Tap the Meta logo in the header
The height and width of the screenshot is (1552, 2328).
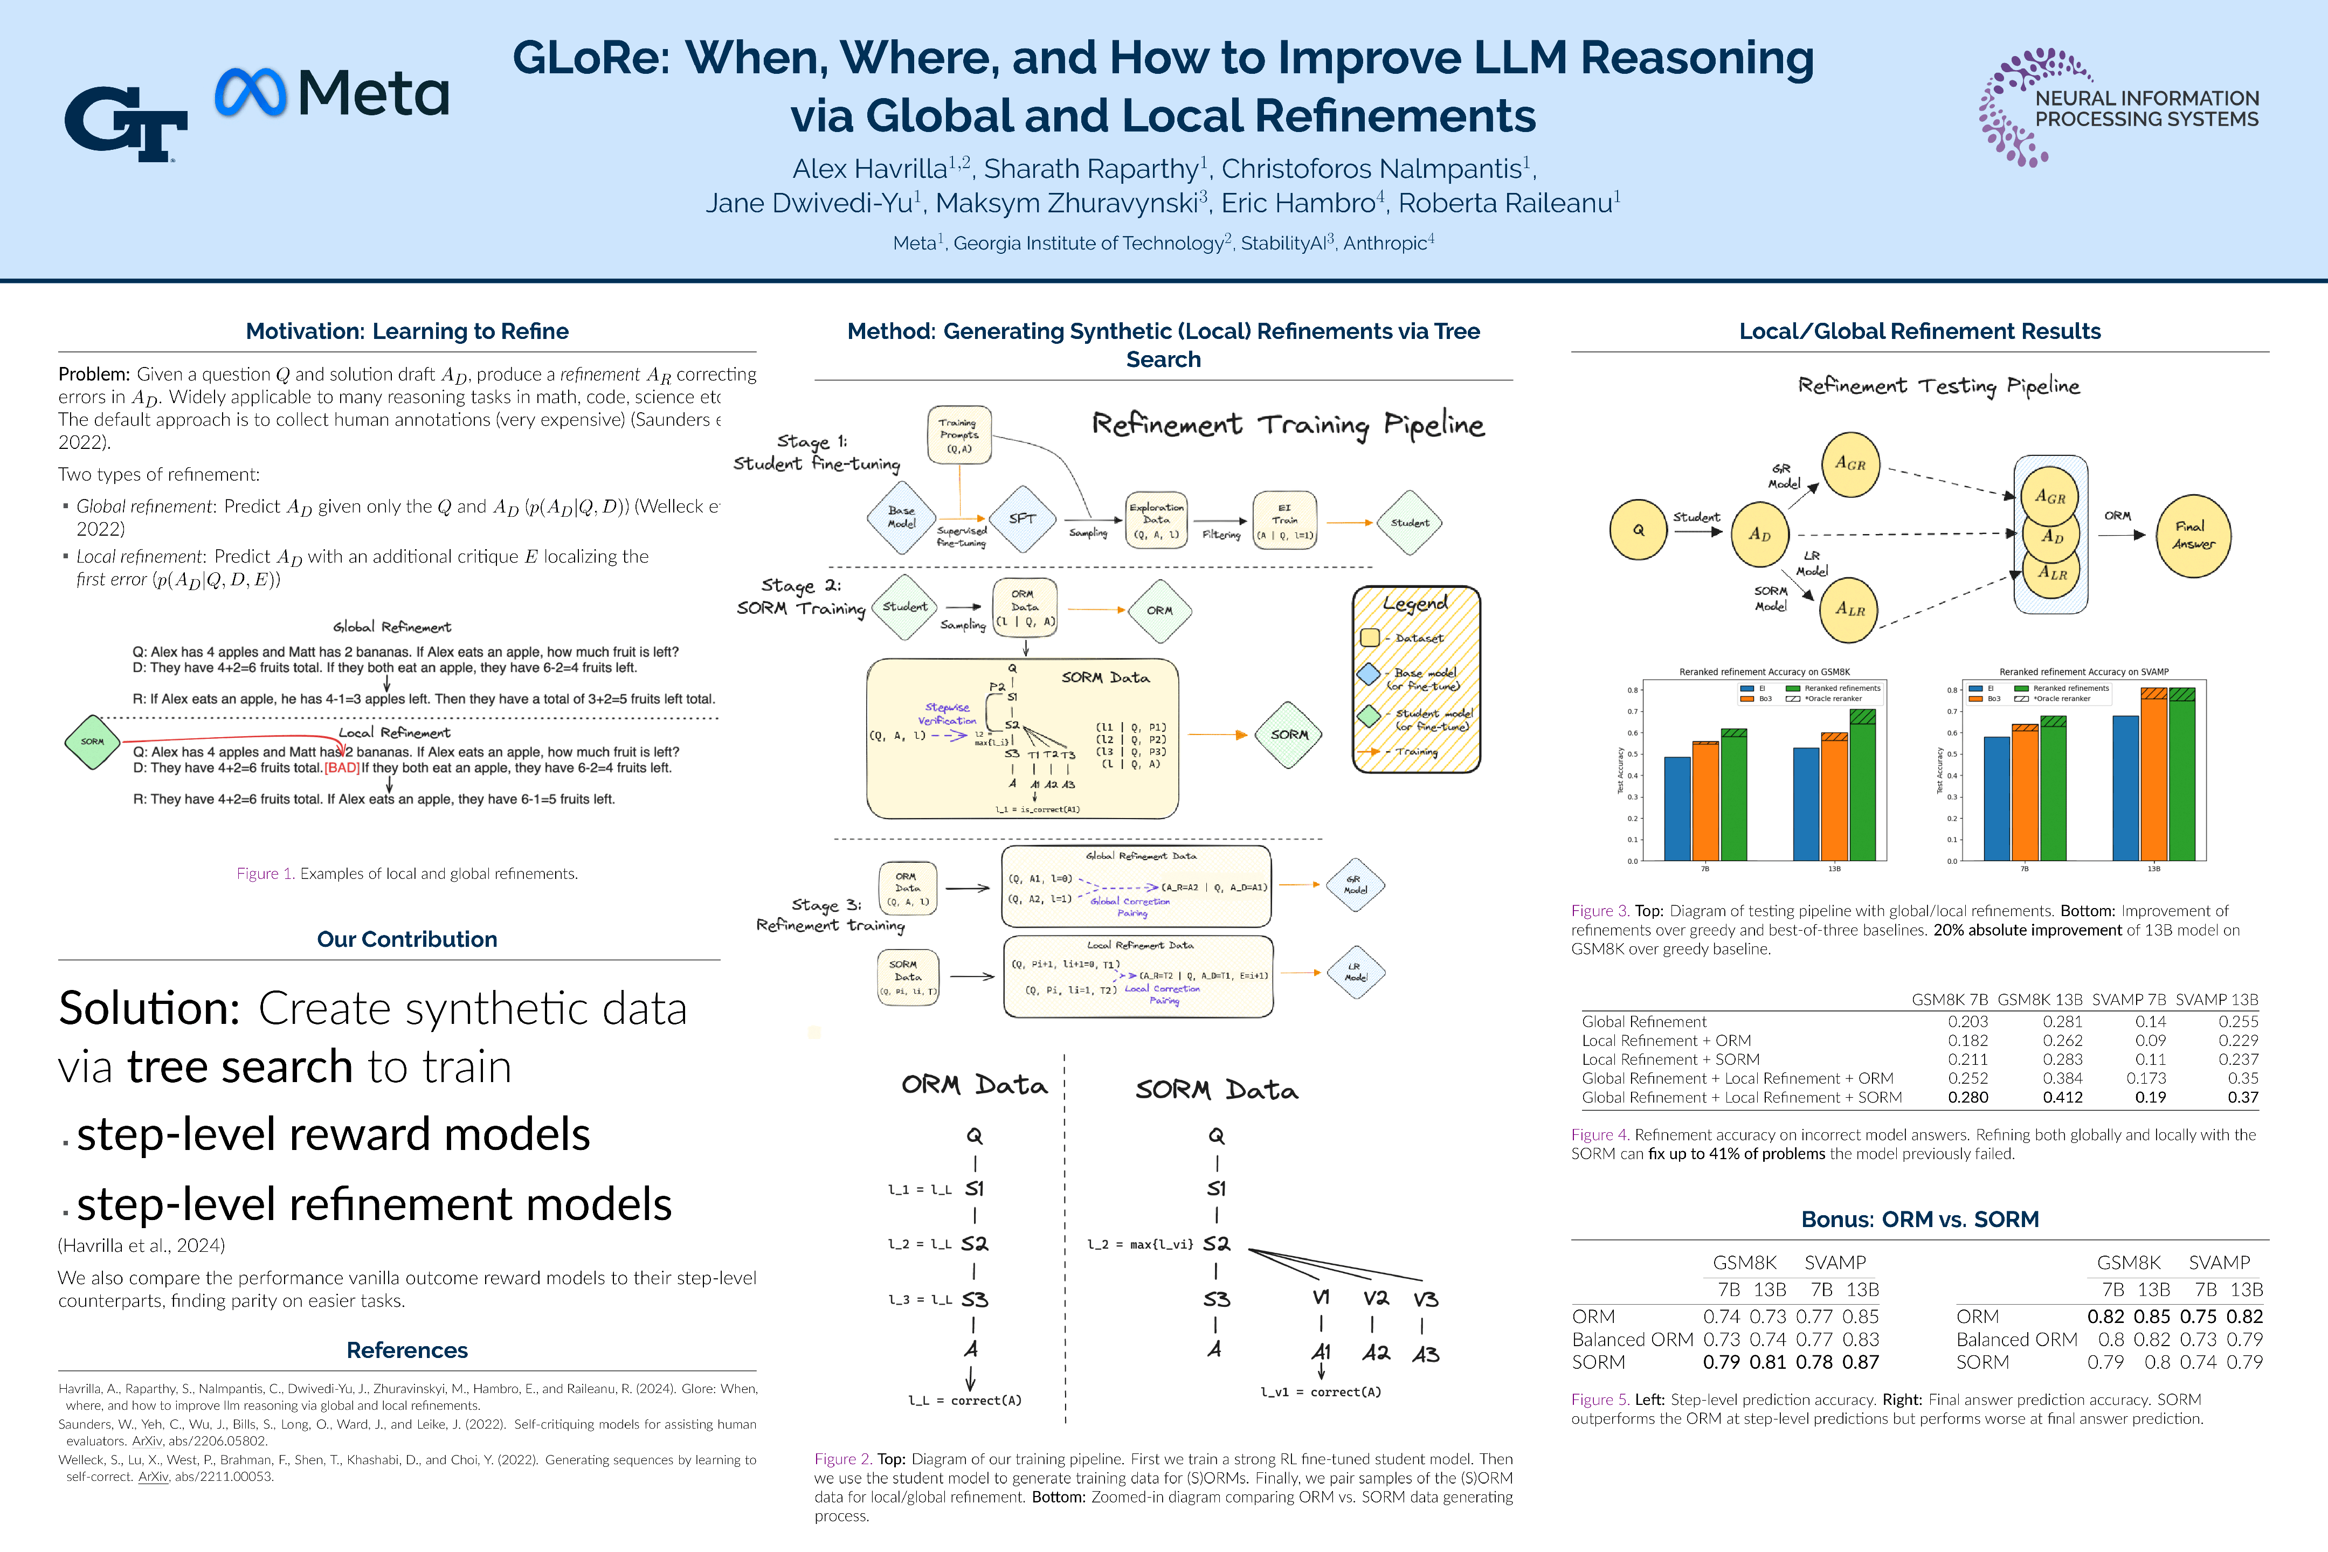331,93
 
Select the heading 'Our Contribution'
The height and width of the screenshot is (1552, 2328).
407,939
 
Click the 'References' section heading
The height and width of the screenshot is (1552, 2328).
407,1350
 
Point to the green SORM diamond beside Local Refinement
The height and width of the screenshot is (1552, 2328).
92,742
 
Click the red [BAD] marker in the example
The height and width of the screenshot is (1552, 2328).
342,768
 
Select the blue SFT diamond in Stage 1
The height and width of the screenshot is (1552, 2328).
1021,518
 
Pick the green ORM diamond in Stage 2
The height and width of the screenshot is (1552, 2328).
1159,611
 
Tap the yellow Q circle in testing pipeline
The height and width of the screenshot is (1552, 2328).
1638,530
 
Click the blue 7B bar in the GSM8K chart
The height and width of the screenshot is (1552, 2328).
1677,809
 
